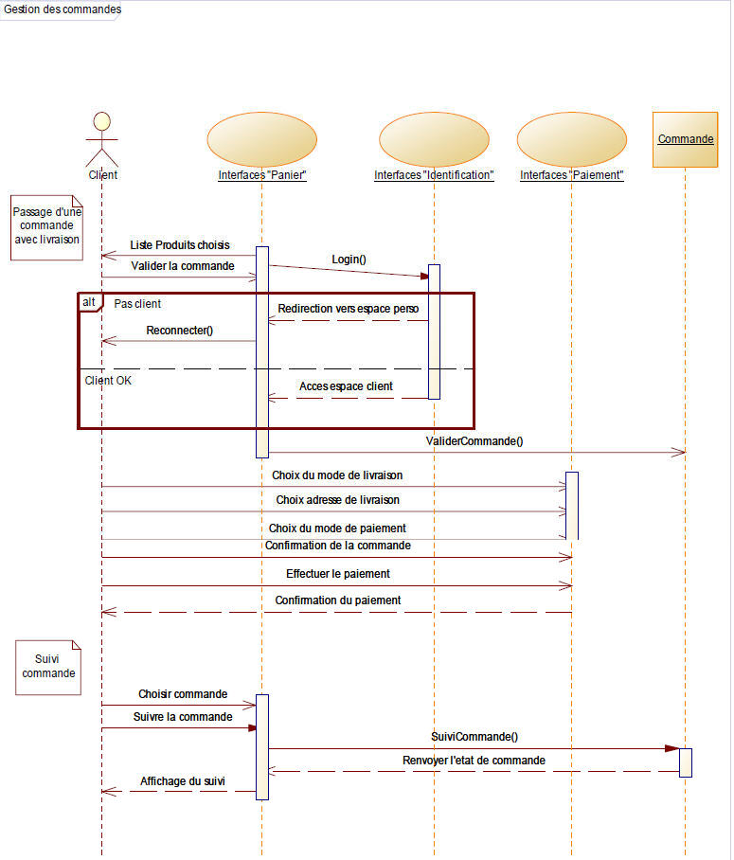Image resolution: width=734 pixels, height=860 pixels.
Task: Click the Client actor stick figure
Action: click(x=101, y=139)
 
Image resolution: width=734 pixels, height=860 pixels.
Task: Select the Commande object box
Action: click(x=686, y=139)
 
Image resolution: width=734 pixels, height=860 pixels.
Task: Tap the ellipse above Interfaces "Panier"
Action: click(x=261, y=140)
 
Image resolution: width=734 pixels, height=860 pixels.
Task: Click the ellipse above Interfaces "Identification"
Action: click(x=434, y=140)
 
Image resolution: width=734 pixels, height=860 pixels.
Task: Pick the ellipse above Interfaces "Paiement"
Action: click(x=572, y=140)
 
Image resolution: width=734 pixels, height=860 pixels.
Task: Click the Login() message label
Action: click(x=349, y=259)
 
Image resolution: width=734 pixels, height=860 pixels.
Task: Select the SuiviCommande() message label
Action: click(x=474, y=736)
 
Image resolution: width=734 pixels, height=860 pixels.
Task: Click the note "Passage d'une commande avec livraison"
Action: click(x=47, y=226)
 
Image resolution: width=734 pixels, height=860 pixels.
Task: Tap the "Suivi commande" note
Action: click(x=48, y=666)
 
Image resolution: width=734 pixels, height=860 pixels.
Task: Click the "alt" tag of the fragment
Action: click(x=89, y=302)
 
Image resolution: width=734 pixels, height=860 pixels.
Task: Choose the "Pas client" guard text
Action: click(x=137, y=304)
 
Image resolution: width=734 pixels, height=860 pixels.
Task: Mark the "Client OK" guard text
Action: click(x=109, y=381)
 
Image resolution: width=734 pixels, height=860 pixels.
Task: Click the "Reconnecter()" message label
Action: click(x=180, y=331)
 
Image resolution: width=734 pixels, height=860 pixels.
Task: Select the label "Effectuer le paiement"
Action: click(x=338, y=574)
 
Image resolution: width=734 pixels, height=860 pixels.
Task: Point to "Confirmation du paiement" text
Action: click(x=338, y=600)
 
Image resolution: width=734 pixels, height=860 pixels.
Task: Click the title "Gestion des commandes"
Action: click(x=63, y=9)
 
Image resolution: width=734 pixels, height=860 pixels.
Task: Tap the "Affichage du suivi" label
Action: click(x=184, y=781)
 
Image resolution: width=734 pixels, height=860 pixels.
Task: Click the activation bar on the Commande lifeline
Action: click(x=686, y=762)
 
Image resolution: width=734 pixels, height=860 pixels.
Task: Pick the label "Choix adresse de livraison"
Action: click(x=337, y=499)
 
